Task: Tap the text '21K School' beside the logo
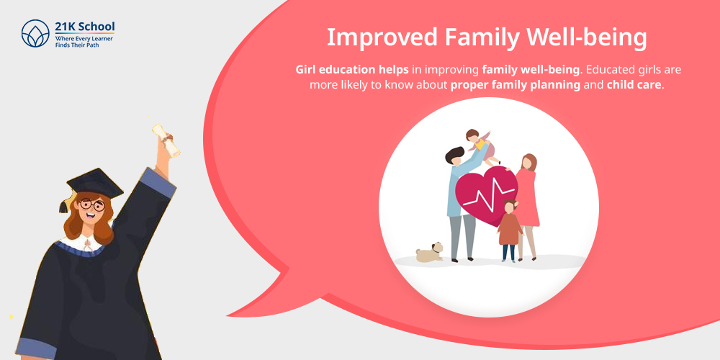pos(85,27)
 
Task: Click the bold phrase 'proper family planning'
pos(516,84)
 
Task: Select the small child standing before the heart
pos(510,230)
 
